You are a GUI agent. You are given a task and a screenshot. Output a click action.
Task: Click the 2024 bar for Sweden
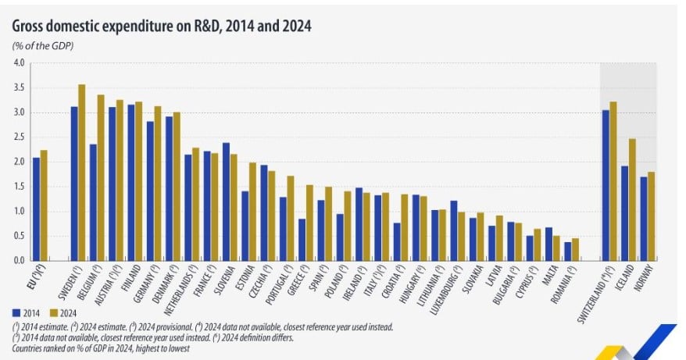(82, 173)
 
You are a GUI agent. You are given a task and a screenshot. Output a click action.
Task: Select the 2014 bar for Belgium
(93, 202)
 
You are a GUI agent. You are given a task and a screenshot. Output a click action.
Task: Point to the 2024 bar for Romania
(576, 249)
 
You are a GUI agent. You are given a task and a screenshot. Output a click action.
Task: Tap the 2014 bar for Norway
(644, 219)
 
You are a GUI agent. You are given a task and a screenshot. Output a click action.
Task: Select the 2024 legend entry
(64, 313)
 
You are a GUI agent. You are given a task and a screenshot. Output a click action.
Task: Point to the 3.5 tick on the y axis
(20, 87)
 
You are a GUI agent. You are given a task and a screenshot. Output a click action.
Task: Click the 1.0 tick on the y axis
(20, 211)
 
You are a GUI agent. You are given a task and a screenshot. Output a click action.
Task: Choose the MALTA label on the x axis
(555, 277)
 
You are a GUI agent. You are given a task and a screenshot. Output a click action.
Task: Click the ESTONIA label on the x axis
(249, 280)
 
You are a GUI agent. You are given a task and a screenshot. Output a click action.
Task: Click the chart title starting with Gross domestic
(162, 27)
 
